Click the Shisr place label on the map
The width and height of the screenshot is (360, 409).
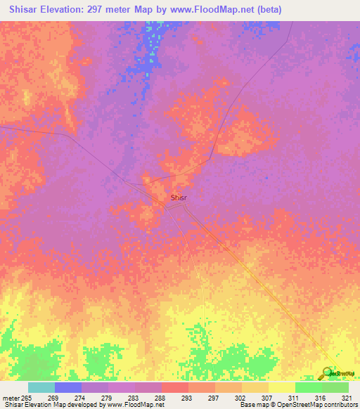[179, 198]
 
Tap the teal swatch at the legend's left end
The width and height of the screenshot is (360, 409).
[41, 387]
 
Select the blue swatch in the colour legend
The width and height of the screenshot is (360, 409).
[67, 387]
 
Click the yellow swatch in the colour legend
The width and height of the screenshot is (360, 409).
[281, 387]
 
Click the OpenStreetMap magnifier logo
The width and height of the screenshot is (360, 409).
[328, 372]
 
